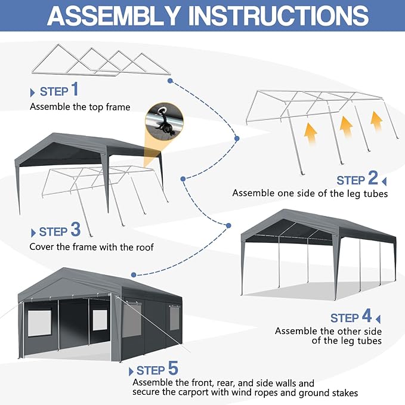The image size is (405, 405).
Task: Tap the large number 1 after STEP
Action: [x=75, y=90]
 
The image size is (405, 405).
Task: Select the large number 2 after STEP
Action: [x=373, y=178]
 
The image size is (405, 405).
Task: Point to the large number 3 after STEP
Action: [x=75, y=230]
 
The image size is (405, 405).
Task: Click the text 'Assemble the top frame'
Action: [x=80, y=107]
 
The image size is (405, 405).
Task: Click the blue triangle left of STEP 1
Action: [x=32, y=92]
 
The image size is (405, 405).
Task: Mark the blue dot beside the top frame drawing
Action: [x=171, y=80]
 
